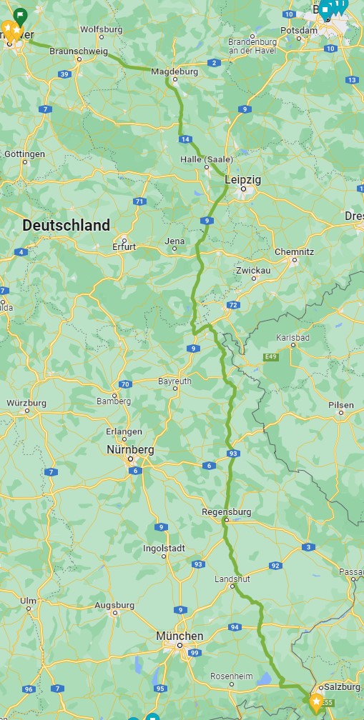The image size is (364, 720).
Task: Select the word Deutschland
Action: pyautogui.click(x=67, y=225)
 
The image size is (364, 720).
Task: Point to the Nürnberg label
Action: pyautogui.click(x=129, y=450)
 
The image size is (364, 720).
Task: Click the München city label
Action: pyautogui.click(x=179, y=636)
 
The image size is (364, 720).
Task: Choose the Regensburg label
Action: pyautogui.click(x=227, y=511)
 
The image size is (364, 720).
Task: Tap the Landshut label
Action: pyautogui.click(x=232, y=579)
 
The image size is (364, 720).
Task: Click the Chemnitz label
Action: pyautogui.click(x=294, y=251)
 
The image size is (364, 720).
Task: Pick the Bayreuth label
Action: pyautogui.click(x=174, y=381)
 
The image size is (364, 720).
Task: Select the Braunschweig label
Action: pyautogui.click(x=79, y=51)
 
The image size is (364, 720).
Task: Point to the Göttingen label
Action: pyautogui.click(x=24, y=154)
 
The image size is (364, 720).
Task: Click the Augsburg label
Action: pyautogui.click(x=114, y=605)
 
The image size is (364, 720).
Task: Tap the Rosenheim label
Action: pyautogui.click(x=232, y=676)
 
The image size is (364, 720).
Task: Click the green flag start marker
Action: pyautogui.click(x=21, y=14)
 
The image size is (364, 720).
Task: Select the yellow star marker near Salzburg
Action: pyautogui.click(x=315, y=702)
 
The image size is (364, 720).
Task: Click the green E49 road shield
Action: pyautogui.click(x=270, y=356)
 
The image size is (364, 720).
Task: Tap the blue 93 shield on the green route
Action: pyautogui.click(x=232, y=454)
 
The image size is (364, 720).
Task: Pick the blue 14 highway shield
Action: pyautogui.click(x=185, y=139)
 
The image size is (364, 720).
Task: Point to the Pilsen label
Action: pyautogui.click(x=341, y=405)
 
